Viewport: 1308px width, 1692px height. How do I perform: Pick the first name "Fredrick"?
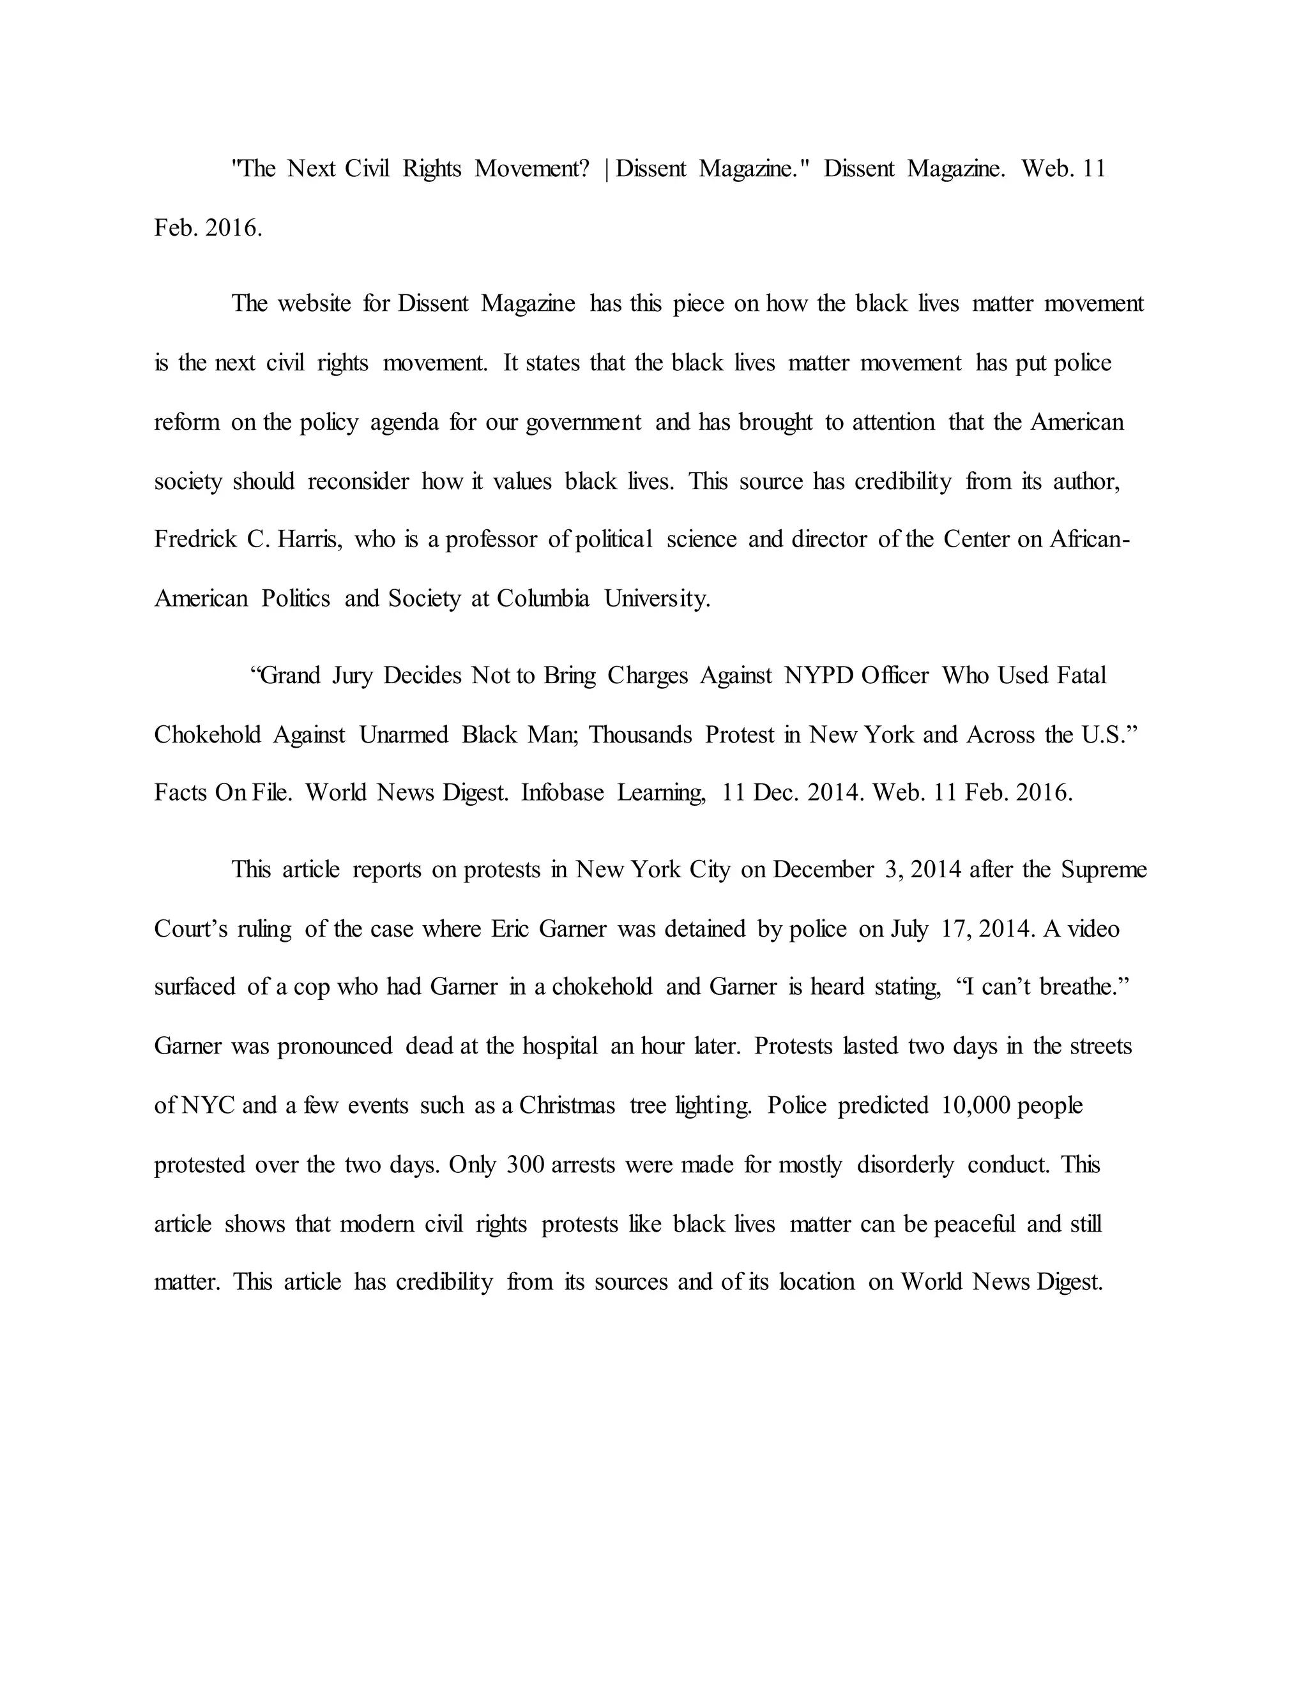click(194, 540)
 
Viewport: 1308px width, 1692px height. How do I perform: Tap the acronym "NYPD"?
click(818, 676)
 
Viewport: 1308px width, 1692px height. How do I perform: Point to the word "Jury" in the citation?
click(353, 676)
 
